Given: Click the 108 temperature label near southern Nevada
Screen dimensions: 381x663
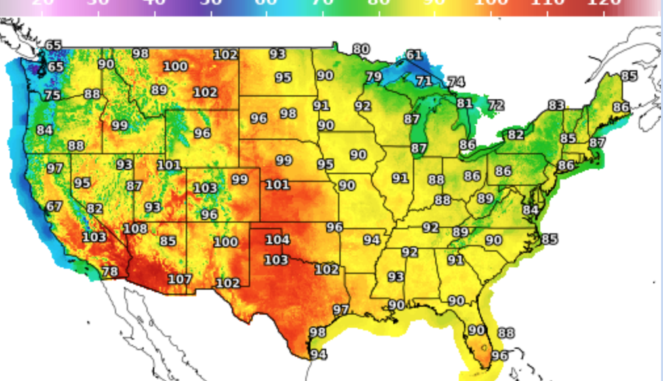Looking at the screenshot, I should pos(135,229).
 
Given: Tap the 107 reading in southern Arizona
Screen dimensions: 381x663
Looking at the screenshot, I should pos(179,279).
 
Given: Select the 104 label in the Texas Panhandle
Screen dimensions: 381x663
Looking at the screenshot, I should pos(277,240).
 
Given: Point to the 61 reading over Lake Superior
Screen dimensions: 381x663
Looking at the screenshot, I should pos(414,55).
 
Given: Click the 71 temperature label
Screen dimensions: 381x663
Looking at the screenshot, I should pos(424,81).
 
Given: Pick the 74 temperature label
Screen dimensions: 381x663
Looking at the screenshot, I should pos(456,82).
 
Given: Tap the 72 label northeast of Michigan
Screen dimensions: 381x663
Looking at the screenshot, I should pos(496,105).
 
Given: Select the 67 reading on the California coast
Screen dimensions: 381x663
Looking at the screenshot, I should pos(54,207).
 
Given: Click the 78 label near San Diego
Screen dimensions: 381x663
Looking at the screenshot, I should pos(110,271).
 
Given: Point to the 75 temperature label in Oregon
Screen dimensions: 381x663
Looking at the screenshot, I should pos(52,95).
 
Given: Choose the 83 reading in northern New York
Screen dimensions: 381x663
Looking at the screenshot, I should pos(556,105).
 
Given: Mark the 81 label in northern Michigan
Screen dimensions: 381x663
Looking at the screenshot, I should pos(464,103).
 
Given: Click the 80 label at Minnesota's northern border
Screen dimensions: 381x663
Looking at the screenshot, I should pos(360,49).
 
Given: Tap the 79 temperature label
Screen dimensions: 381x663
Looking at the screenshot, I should pos(374,77).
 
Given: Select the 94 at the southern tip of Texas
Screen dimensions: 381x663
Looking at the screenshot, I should pos(318,355).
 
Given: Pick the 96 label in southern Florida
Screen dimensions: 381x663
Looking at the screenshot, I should pos(500,355).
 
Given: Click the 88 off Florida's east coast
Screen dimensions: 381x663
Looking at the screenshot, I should pos(506,333).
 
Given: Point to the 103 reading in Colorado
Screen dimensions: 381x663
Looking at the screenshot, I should pos(205,189).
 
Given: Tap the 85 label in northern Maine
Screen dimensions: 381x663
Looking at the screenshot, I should pos(629,76).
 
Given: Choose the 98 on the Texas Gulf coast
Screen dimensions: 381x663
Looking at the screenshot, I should pos(318,332).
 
